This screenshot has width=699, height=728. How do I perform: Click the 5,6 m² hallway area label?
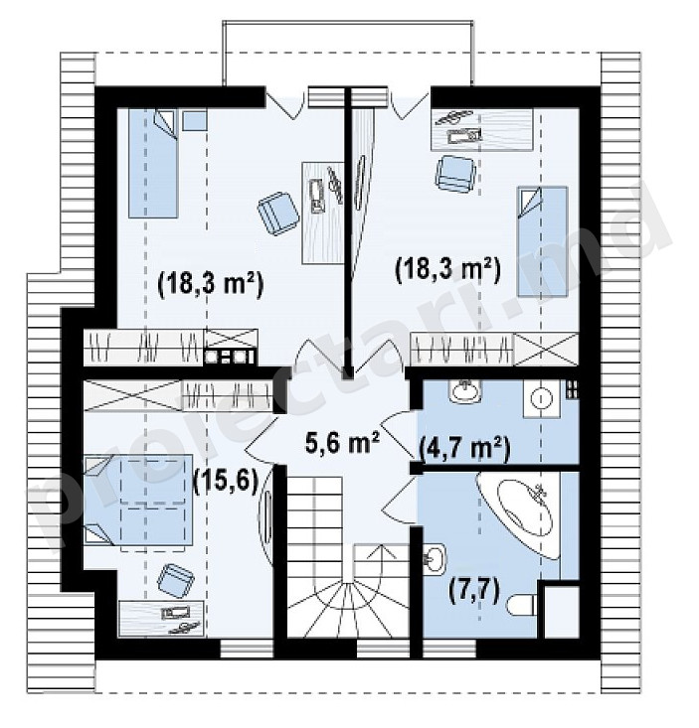(x=343, y=442)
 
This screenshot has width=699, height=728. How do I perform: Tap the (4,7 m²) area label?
(x=464, y=449)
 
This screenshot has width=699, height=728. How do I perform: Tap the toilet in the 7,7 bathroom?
(x=522, y=605)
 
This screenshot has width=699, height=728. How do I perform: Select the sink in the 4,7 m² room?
(x=465, y=391)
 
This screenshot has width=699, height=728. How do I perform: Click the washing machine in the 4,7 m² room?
(x=542, y=398)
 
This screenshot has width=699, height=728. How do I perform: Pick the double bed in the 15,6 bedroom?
(x=138, y=499)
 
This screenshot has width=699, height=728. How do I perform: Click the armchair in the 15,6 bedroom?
(x=176, y=579)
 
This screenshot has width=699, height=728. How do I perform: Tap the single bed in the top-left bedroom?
(x=153, y=163)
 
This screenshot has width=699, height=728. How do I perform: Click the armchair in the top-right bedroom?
(x=454, y=174)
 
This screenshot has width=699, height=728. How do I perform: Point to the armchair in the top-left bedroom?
(x=278, y=213)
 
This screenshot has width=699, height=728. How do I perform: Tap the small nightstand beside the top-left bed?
(x=194, y=120)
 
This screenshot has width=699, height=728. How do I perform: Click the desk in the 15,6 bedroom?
(x=161, y=619)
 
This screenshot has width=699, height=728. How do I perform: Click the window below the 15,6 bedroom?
(x=246, y=650)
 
